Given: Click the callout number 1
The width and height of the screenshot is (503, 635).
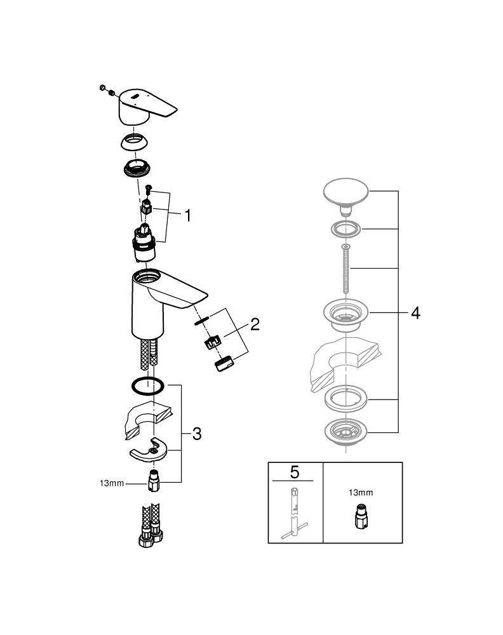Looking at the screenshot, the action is point(187,215).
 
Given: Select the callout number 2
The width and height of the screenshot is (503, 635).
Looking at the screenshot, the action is point(255,324).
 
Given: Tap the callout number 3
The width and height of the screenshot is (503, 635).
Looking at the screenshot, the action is point(197,434).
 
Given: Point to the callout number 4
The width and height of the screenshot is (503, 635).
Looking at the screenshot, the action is point(415,313).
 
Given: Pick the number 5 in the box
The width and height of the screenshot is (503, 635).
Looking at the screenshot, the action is point(295,472).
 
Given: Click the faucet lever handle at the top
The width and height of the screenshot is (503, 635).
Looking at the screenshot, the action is point(148,107).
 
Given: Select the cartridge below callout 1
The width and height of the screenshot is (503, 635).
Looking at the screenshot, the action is point(144,244).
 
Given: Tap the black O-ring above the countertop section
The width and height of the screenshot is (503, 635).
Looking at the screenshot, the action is point(148,385).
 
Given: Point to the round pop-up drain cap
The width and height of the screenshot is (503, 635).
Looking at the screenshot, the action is point(346,192).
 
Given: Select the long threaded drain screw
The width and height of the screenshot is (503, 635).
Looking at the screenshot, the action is point(345,269).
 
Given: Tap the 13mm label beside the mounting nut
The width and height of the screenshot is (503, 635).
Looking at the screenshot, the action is point(112,483).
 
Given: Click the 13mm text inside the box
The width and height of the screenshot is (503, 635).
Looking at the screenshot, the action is point(361,493).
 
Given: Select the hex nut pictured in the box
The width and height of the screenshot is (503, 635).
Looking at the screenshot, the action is point(361,517).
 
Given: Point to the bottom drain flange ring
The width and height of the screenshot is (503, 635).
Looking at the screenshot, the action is point(346,432).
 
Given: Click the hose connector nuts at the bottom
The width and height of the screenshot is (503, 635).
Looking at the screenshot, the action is point(150,536).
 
